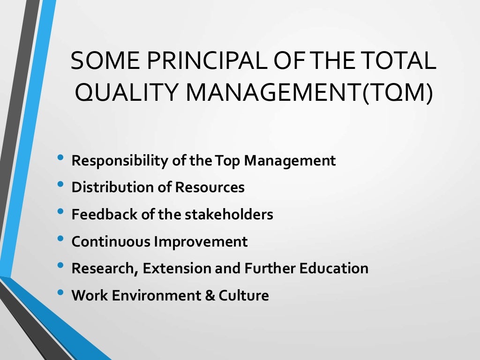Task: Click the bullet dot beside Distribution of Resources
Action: [x=60, y=185]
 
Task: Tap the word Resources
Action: [x=210, y=187]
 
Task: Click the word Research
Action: [x=105, y=269]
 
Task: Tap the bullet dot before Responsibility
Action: [x=60, y=158]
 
